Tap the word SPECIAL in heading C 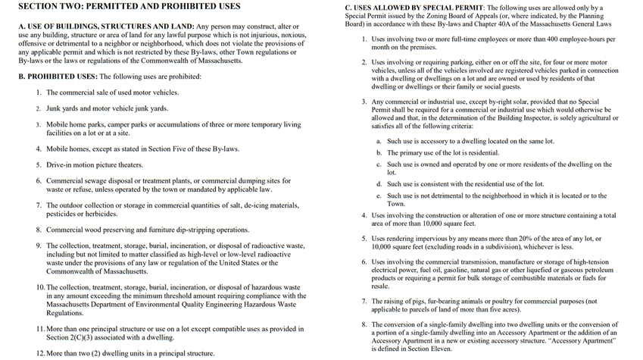[x=445, y=7]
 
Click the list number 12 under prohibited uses [x=41, y=353]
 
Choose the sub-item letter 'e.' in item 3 [x=379, y=196]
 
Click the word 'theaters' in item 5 [x=127, y=164]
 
